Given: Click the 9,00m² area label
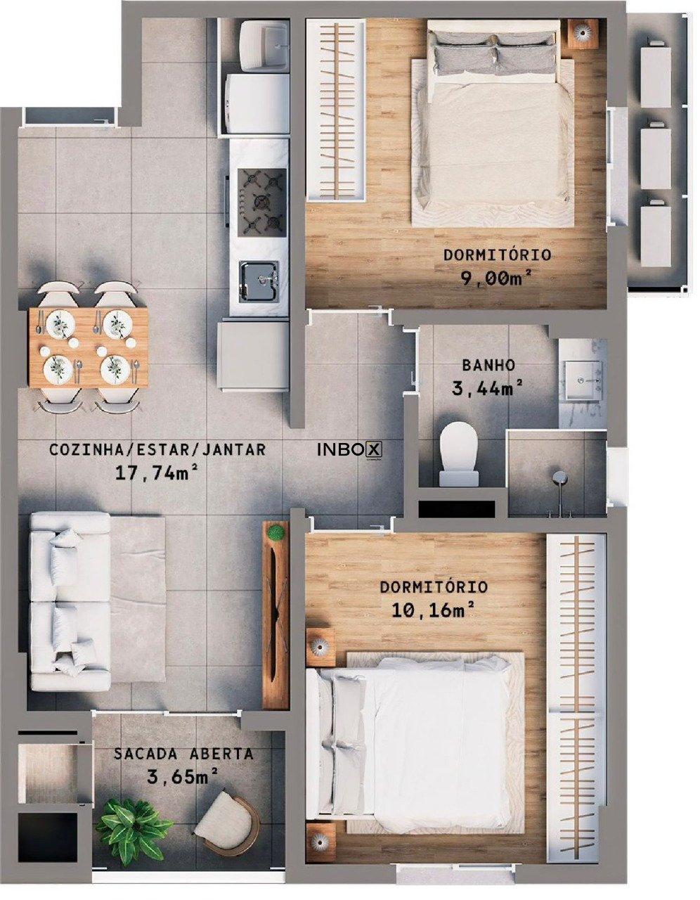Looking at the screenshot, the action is click(495, 278).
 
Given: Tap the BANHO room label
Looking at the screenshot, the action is click(488, 366).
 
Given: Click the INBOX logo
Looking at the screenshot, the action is click(350, 450).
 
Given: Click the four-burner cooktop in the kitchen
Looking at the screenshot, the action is click(261, 200).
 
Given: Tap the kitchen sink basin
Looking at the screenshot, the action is click(259, 282).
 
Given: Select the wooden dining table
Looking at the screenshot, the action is click(89, 347).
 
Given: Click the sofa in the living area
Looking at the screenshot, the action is click(70, 601).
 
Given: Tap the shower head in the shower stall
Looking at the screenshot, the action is click(560, 477).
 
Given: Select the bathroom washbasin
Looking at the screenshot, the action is click(583, 380).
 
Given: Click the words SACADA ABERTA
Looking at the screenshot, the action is click(183, 754).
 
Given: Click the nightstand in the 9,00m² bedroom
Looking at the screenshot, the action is click(582, 34).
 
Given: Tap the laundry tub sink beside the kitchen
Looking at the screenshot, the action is click(265, 46).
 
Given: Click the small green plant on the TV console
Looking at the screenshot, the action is click(276, 531).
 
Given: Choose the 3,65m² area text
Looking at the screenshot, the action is click(183, 777).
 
